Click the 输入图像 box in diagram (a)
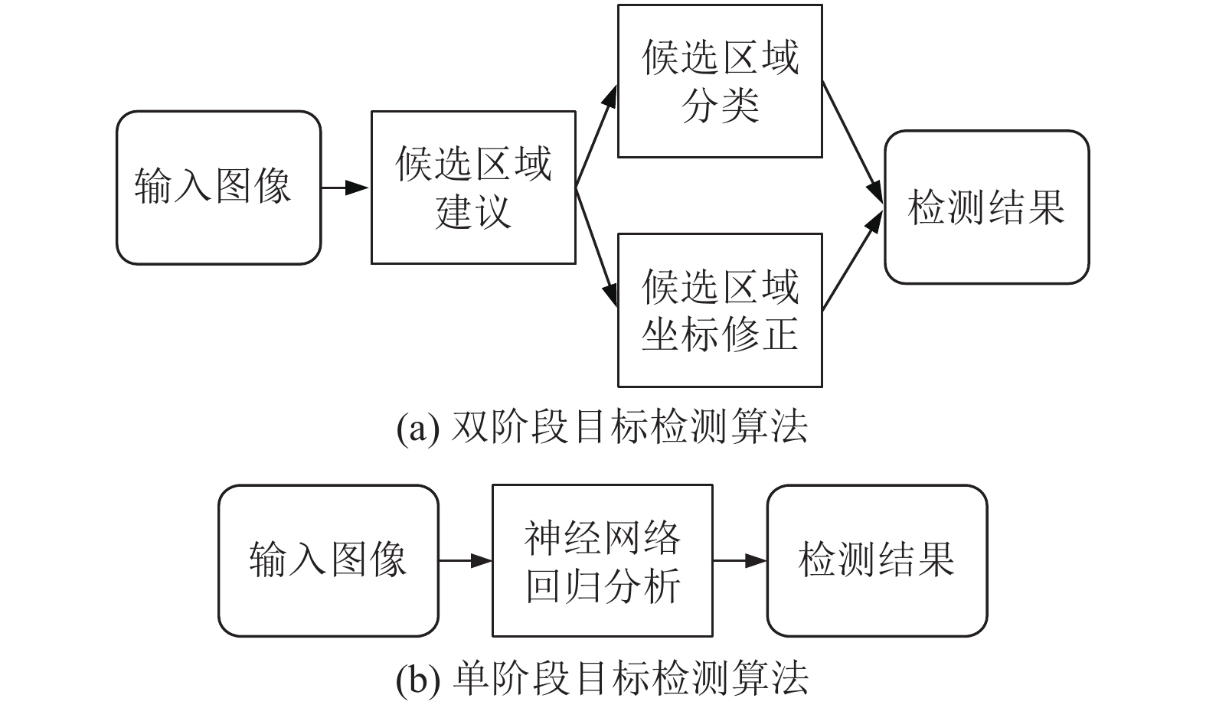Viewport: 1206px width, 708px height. (218, 188)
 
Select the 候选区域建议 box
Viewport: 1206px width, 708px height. (473, 188)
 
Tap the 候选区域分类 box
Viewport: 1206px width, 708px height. (720, 81)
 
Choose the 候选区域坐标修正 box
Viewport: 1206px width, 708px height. (720, 311)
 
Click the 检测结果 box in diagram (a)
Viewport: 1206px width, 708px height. (987, 207)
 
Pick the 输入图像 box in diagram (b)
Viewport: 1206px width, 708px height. (328, 560)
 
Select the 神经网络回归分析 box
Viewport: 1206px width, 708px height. (603, 560)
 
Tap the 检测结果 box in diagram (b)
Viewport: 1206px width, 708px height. (877, 560)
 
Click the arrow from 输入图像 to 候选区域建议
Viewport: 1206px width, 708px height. (345, 188)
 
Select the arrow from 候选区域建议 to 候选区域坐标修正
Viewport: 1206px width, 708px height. (596, 247)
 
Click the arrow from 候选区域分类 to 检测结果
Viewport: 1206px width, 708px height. (853, 142)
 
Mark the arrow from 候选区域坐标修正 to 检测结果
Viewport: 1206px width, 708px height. (853, 260)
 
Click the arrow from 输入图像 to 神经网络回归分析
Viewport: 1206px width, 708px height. (466, 560)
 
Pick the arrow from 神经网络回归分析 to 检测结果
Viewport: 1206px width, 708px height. (740, 560)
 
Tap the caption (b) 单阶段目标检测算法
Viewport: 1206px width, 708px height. (603, 677)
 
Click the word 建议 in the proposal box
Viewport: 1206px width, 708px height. (473, 211)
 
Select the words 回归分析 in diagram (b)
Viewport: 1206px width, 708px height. (603, 586)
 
